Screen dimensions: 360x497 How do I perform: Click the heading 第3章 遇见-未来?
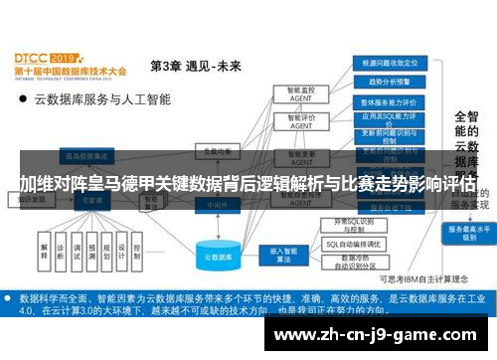[195, 68]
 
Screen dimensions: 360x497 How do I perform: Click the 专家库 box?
[91, 200]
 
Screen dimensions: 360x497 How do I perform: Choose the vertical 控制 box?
[137, 250]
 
